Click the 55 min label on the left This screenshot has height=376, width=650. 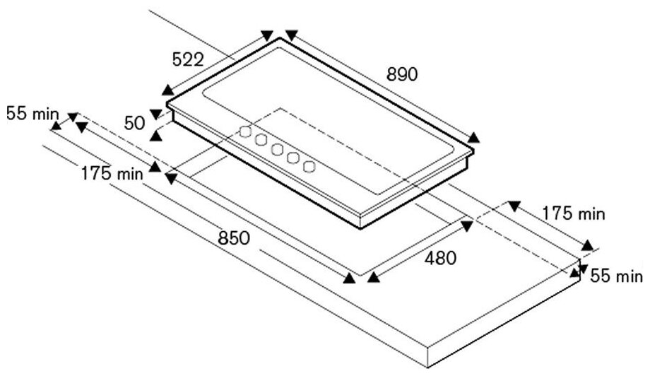click(x=27, y=113)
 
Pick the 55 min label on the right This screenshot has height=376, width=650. click(x=616, y=276)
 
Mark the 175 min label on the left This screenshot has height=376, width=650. click(x=112, y=172)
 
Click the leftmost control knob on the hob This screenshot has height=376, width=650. click(x=244, y=131)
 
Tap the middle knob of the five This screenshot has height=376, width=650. click(x=277, y=149)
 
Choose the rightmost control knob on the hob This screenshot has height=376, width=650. click(x=309, y=166)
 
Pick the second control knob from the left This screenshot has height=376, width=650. click(x=261, y=140)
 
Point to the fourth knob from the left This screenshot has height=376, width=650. click(x=293, y=158)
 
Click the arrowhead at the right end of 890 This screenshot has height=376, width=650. click(x=474, y=138)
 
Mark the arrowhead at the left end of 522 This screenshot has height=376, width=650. click(x=167, y=90)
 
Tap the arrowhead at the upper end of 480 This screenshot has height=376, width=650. click(x=467, y=224)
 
